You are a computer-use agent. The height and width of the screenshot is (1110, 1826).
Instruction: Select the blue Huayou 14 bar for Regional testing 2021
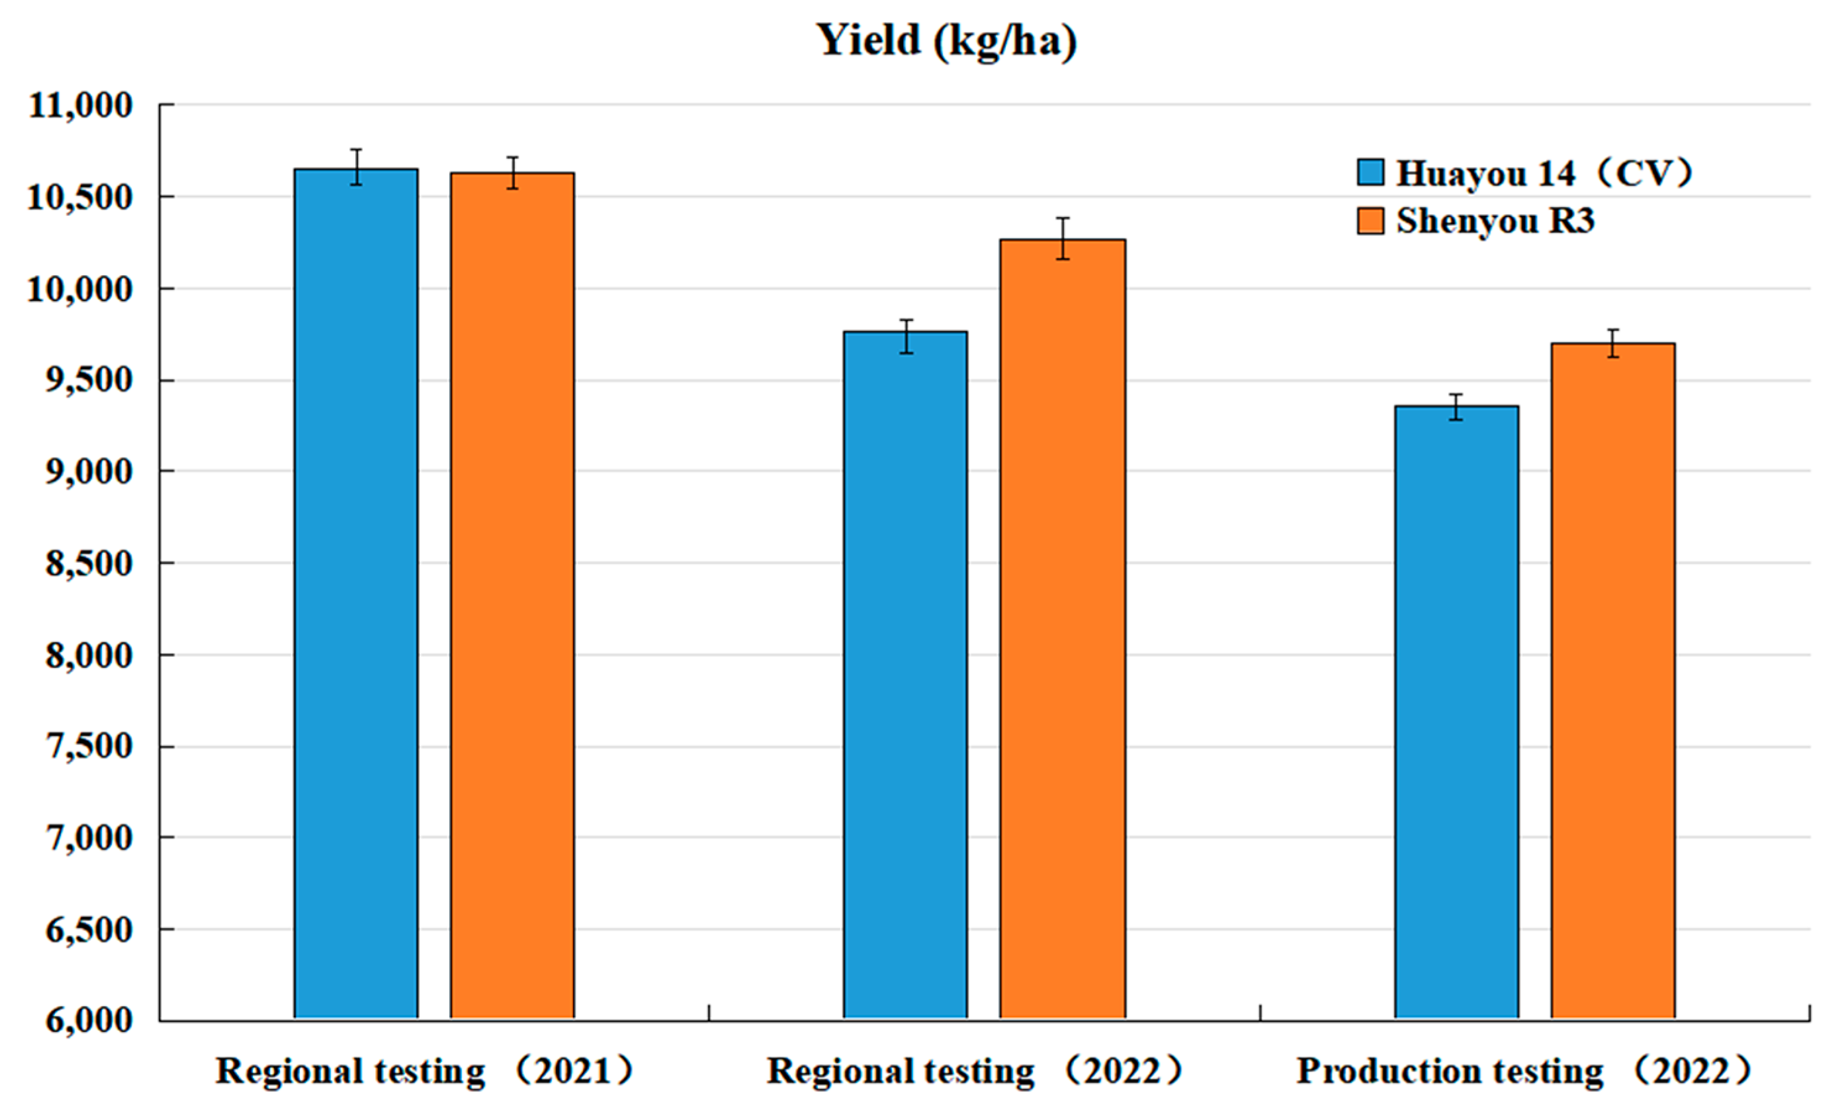(x=355, y=593)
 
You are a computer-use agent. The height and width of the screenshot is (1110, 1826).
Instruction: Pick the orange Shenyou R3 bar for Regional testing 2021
(x=512, y=593)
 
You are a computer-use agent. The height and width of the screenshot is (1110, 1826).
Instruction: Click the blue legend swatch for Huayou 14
(x=1370, y=172)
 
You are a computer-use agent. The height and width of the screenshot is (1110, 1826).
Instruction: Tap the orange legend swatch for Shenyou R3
(x=1370, y=221)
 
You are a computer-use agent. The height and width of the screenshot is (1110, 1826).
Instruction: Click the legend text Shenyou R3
(x=1495, y=221)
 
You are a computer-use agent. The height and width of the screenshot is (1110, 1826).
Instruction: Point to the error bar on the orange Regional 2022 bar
(x=1063, y=238)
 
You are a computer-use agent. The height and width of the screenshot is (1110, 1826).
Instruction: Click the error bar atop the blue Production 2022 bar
(x=1456, y=407)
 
